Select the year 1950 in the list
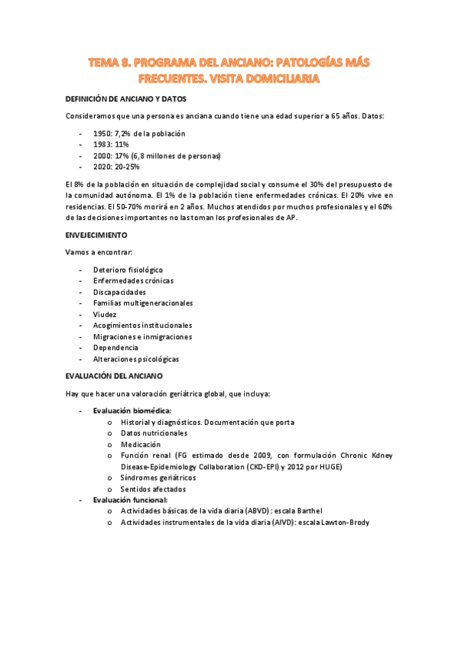(102, 134)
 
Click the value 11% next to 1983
(121, 144)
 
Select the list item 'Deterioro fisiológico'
(128, 270)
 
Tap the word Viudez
(105, 314)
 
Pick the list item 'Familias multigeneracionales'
(143, 303)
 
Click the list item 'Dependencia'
(115, 348)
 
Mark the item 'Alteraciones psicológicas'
(136, 358)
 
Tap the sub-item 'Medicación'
(141, 444)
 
